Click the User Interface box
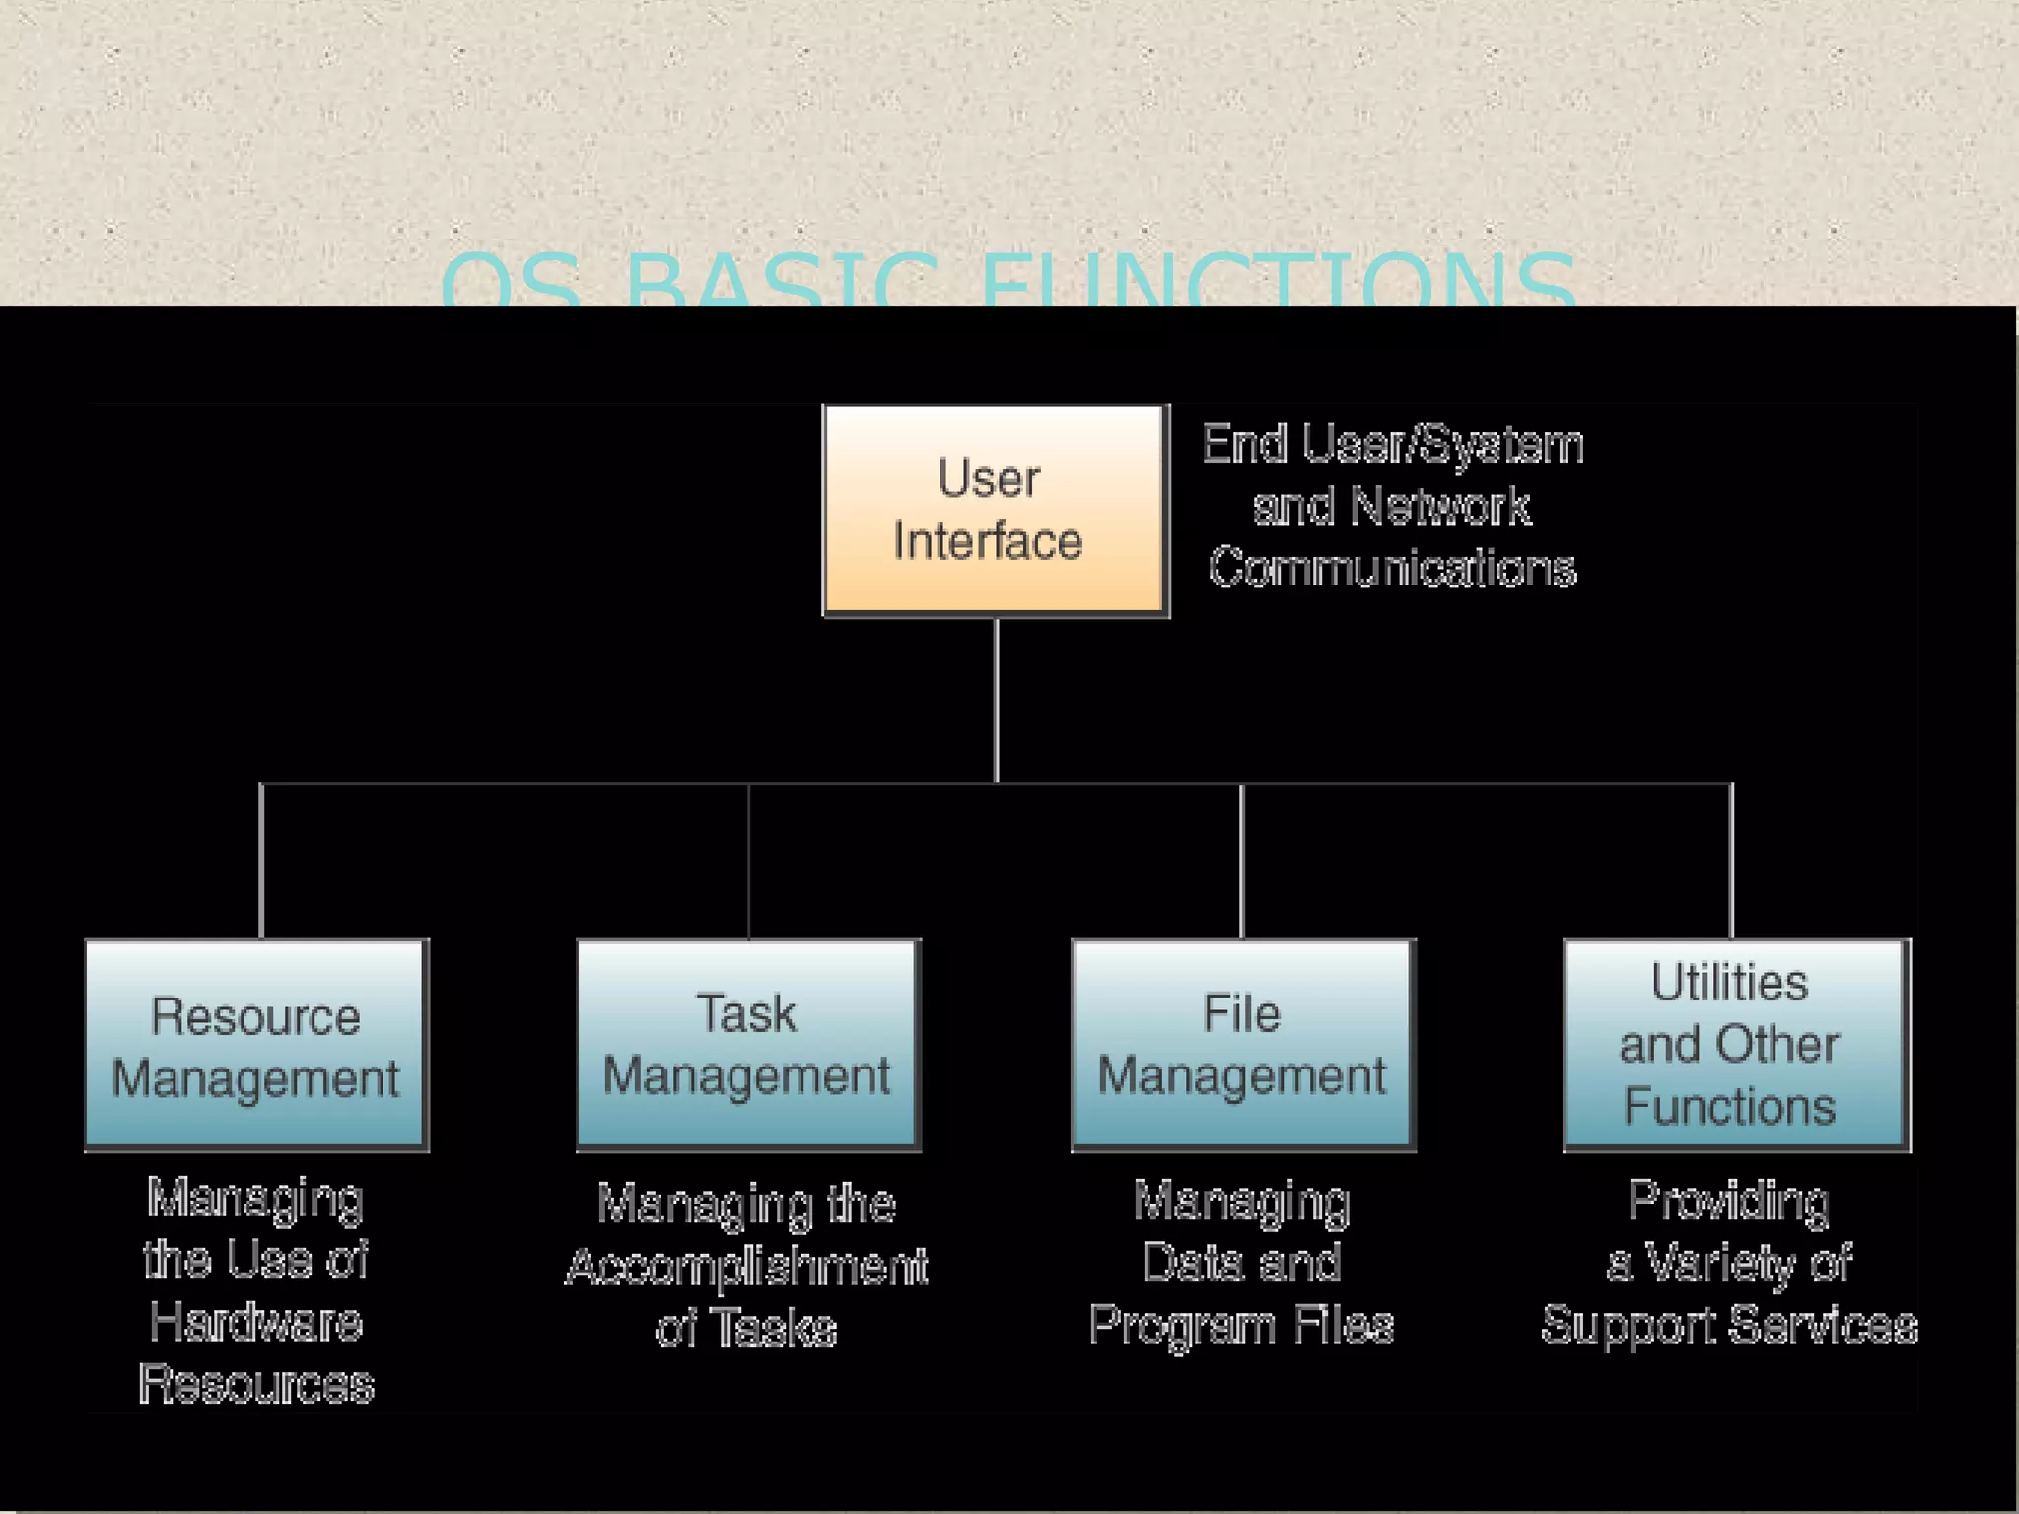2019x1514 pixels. coord(996,511)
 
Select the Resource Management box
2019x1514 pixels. coord(256,1045)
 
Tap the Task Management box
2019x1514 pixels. coord(748,1045)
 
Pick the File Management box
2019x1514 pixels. coord(1243,1045)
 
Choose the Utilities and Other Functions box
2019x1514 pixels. coord(1736,1045)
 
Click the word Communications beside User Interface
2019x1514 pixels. coord(1392,569)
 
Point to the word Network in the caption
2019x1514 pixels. coord(1440,508)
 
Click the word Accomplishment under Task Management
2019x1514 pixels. coord(746,1267)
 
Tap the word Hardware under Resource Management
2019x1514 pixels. coord(256,1322)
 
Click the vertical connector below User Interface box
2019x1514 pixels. coord(997,700)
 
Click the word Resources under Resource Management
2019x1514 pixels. coord(256,1385)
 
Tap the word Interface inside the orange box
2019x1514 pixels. coord(988,541)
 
